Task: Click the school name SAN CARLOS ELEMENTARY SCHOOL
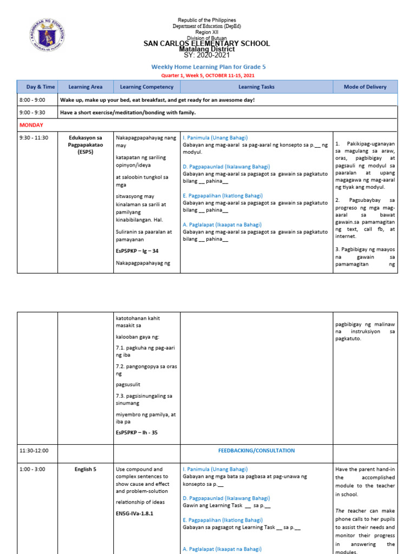206,43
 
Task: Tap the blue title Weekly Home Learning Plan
209,67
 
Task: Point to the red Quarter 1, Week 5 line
208,75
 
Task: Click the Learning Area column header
86,87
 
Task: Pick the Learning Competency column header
147,87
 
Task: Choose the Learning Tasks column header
256,87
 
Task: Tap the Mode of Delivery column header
365,87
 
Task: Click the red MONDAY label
31,125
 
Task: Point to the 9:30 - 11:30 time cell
34,137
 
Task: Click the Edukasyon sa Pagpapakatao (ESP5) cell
86,144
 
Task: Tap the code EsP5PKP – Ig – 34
137,251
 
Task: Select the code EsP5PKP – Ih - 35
136,432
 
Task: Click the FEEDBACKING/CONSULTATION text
256,450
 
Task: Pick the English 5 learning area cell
86,469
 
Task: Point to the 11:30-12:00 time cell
34,450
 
